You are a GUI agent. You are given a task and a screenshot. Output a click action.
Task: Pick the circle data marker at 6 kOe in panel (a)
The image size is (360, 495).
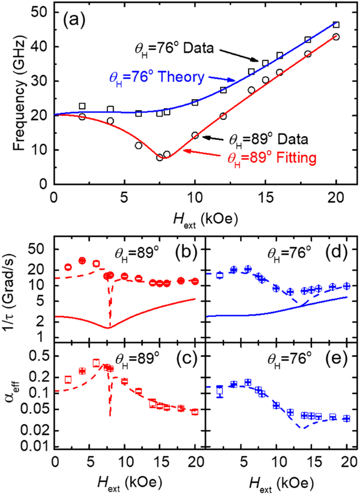(x=138, y=146)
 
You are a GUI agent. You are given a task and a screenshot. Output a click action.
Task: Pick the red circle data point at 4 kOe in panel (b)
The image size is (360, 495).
(x=82, y=261)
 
